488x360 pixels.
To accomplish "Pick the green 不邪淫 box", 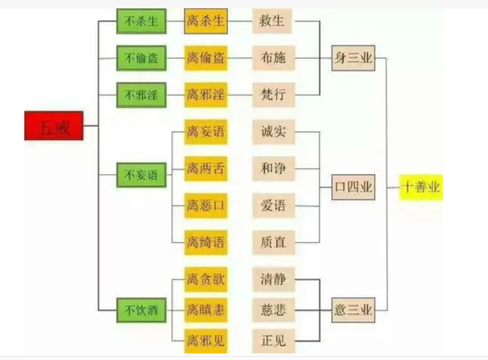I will click(x=140, y=94).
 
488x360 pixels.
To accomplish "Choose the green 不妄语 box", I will click(x=140, y=177).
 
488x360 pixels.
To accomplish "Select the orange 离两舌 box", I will click(x=206, y=168).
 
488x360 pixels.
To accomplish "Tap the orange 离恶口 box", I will click(x=206, y=204).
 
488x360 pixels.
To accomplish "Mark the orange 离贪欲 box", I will click(x=206, y=278).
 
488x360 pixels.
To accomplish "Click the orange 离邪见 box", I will click(x=206, y=341).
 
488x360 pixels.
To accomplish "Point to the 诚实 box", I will click(x=273, y=132).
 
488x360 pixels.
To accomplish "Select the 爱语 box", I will click(x=273, y=204).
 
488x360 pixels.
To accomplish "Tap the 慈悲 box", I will click(x=273, y=310).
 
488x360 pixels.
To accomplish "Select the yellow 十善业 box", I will click(x=421, y=187).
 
